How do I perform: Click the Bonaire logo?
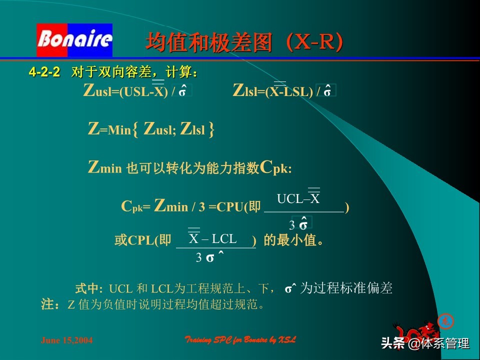click(74, 39)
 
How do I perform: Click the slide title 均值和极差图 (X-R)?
click(244, 43)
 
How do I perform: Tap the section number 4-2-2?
click(44, 73)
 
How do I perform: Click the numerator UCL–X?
click(298, 199)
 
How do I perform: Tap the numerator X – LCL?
click(213, 239)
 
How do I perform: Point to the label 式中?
click(88, 288)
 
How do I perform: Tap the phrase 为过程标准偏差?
click(346, 288)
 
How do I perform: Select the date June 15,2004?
click(66, 340)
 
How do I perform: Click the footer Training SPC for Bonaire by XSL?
click(240, 340)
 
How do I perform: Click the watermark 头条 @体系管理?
click(425, 343)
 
